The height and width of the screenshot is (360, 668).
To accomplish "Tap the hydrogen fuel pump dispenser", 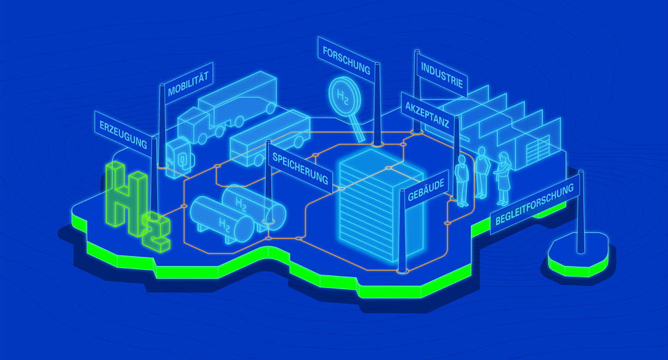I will point(180,157).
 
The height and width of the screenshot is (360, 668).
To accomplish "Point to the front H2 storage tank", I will point(222,220).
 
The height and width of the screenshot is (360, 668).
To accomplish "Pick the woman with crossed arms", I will point(503,177).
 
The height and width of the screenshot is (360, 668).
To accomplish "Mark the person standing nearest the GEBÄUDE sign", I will point(462,179).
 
